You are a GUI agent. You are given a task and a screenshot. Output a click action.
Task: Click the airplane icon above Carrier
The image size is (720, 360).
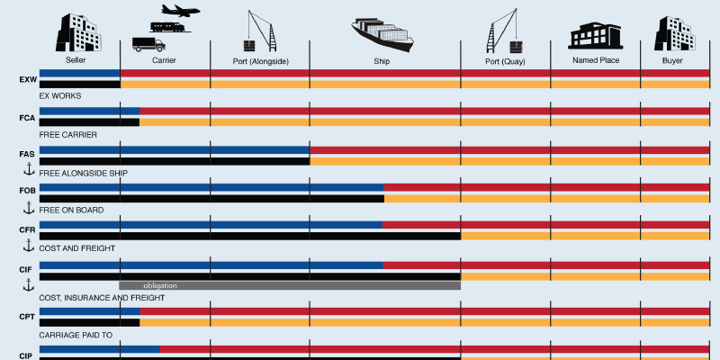[x=180, y=11]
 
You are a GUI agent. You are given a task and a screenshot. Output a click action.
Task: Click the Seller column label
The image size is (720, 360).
[x=76, y=61]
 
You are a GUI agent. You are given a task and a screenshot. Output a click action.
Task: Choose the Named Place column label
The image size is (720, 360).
[x=595, y=61]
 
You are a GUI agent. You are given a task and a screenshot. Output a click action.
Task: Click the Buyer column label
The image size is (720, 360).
[x=672, y=61]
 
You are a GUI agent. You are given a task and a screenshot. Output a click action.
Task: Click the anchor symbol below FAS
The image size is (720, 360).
[x=28, y=169]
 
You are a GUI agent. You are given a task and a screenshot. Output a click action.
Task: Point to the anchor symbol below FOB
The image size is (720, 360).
[x=28, y=208]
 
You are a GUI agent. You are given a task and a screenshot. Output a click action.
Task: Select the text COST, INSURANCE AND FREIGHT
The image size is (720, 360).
[x=102, y=297]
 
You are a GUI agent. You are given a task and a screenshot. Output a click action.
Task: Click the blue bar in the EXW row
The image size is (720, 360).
[x=79, y=73]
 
